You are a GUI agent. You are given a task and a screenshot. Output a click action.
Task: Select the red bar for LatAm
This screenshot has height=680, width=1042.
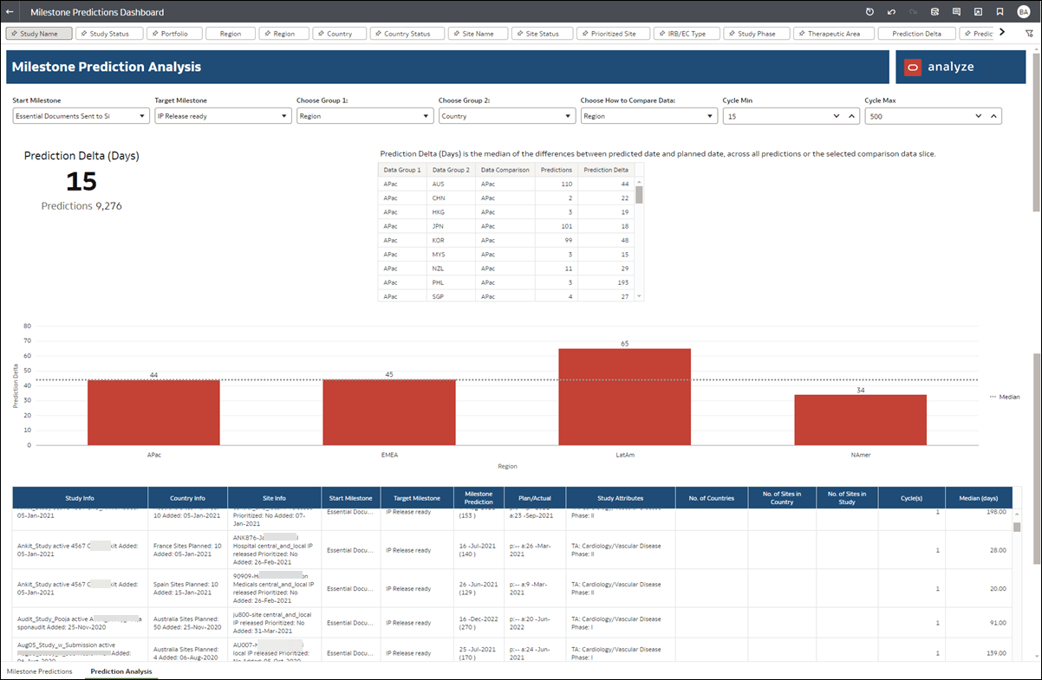[x=624, y=397]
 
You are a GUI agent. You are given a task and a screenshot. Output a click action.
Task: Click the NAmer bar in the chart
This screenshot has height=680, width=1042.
[x=860, y=420]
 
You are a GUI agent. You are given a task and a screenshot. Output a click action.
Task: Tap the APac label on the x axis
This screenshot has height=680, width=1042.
[x=153, y=454]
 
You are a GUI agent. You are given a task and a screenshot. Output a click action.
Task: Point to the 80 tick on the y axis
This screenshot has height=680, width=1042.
[x=28, y=327]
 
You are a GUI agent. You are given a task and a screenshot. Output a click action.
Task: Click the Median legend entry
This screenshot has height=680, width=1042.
[x=1005, y=397]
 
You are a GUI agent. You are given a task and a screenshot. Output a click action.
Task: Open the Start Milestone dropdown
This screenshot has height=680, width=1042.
[x=81, y=116]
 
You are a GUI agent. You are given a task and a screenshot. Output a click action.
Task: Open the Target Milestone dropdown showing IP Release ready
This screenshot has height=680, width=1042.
[x=223, y=116]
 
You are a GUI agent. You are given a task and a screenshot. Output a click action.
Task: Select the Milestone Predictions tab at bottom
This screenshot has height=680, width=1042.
[x=39, y=671]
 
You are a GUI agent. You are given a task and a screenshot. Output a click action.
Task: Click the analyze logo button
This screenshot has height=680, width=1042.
[x=941, y=67]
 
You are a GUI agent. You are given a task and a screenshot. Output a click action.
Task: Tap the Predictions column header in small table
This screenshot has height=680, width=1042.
[x=556, y=170]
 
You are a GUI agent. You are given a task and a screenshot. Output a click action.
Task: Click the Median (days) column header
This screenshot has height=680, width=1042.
[x=978, y=498]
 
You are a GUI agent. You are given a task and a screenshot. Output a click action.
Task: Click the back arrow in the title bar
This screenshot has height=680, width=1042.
[x=10, y=12]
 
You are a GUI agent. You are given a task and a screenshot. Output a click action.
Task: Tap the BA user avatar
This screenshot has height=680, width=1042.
[x=1023, y=12]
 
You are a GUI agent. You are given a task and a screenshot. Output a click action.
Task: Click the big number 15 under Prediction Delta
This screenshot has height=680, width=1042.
[x=81, y=182]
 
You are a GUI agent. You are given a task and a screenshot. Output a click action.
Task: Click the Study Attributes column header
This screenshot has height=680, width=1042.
[x=620, y=498]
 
